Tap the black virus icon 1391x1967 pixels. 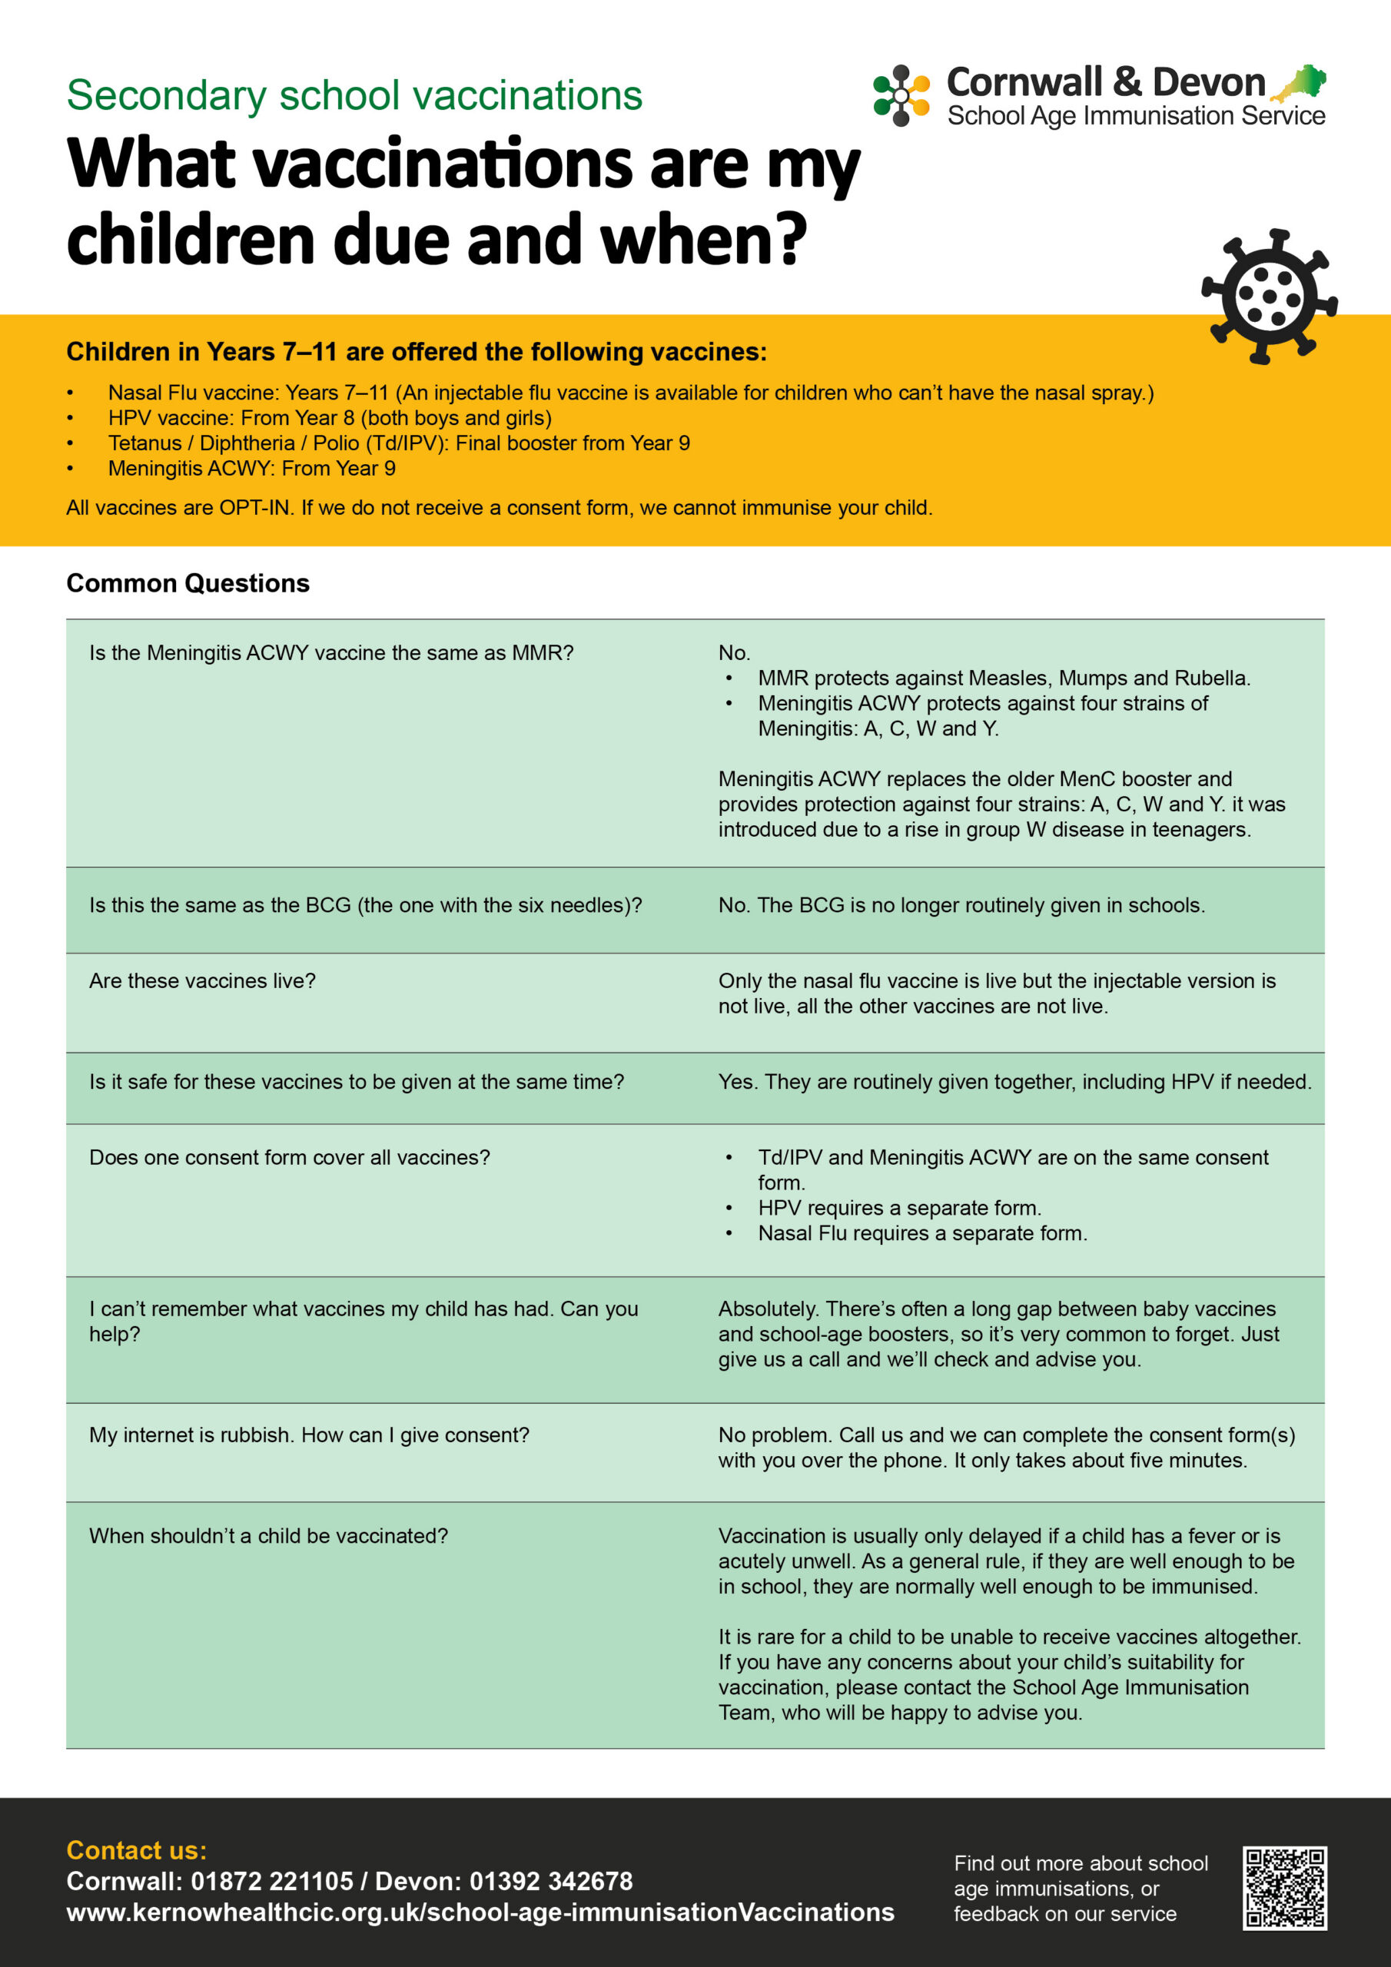click(1270, 297)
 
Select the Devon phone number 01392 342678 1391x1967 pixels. click(550, 1882)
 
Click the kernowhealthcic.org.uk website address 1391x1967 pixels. click(480, 1912)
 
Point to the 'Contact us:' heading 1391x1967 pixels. click(136, 1850)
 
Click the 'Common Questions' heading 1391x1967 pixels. click(188, 583)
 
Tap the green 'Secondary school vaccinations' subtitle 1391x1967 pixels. click(354, 95)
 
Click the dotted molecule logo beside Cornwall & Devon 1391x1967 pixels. click(901, 96)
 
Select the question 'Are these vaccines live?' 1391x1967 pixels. click(202, 981)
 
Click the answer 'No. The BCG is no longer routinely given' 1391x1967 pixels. click(961, 906)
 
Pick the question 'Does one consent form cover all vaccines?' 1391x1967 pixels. click(290, 1157)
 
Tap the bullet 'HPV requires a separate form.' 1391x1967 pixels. click(899, 1208)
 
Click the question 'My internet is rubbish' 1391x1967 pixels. click(308, 1435)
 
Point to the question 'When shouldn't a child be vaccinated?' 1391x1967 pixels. click(268, 1536)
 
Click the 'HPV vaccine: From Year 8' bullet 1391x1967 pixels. click(329, 418)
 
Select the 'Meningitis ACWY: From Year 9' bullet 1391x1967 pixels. click(251, 469)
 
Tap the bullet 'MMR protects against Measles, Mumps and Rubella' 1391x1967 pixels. click(1004, 678)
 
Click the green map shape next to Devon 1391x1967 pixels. click(1301, 83)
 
